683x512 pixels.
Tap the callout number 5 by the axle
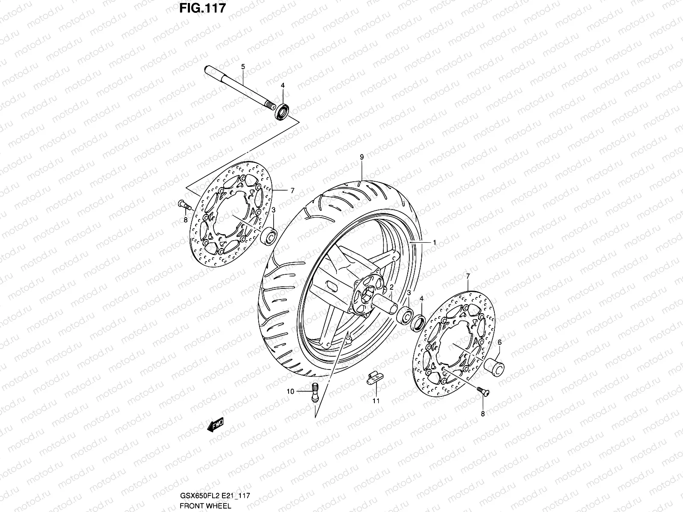(x=243, y=67)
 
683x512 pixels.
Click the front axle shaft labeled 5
(x=239, y=87)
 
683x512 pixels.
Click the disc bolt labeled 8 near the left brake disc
(x=183, y=205)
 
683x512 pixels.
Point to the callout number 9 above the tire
(x=362, y=157)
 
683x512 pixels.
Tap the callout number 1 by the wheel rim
(x=434, y=242)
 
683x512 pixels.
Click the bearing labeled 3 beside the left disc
(x=269, y=236)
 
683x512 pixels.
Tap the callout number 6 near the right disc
(x=499, y=342)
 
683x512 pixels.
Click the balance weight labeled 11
(x=374, y=378)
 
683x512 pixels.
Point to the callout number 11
(x=376, y=401)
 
